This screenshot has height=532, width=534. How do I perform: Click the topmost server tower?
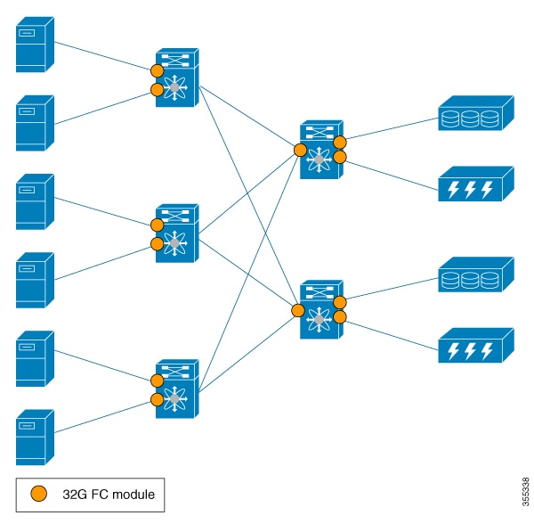tap(35, 45)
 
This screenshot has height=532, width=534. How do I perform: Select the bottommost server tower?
tap(35, 438)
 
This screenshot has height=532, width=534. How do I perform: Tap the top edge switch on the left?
tap(177, 78)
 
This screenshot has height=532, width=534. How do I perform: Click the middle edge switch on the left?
tap(177, 233)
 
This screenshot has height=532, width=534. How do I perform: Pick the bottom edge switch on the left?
tap(177, 389)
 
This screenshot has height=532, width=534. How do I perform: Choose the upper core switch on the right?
tap(321, 150)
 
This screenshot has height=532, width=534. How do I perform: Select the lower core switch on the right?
tap(321, 309)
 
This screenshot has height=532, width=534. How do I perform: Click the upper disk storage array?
tap(476, 113)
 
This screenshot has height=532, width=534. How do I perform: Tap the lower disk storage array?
tap(476, 274)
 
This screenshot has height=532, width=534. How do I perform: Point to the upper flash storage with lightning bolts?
tap(476, 184)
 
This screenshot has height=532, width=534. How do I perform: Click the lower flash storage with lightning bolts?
tap(476, 346)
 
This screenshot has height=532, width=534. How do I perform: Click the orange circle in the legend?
tap(39, 494)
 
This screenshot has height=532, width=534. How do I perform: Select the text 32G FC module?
tap(109, 495)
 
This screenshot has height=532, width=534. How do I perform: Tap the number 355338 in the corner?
tap(525, 492)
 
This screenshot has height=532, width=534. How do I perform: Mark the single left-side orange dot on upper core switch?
tap(300, 150)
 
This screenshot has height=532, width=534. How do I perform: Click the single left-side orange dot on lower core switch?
tap(298, 310)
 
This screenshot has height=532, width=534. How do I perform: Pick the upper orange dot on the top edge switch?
tap(157, 71)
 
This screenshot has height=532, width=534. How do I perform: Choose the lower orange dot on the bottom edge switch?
tap(157, 400)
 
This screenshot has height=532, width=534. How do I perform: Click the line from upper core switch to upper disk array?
tap(391, 128)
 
